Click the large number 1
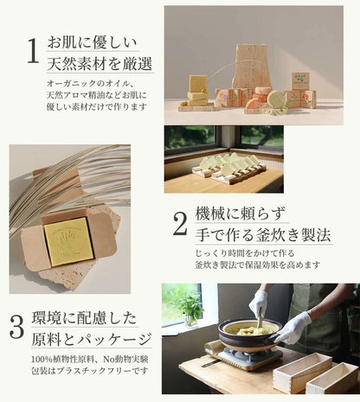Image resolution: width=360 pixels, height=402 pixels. click(32, 52)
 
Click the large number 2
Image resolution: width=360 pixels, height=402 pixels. click(180, 225)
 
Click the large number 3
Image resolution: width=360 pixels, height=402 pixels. click(17, 327)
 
